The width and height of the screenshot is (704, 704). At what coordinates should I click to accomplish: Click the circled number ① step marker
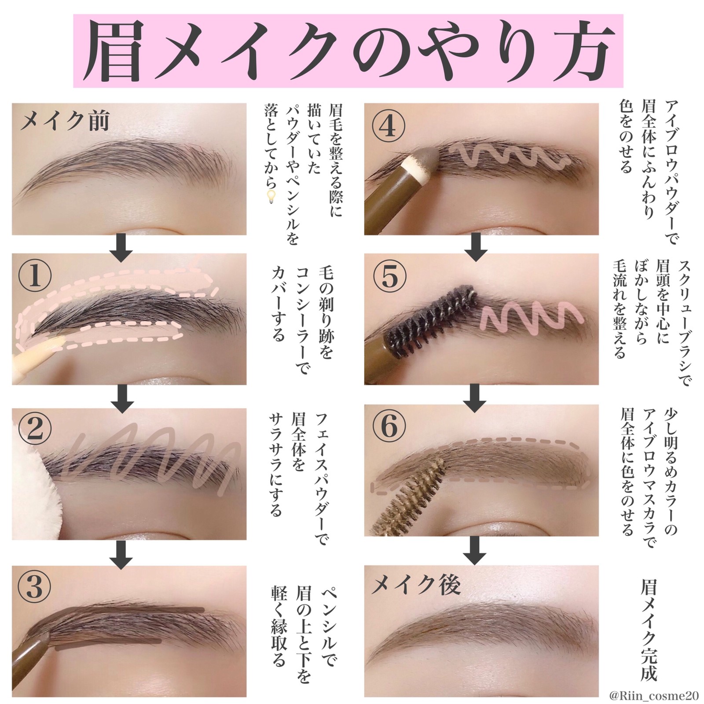(x=35, y=275)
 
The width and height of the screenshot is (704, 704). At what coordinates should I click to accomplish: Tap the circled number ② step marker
(x=35, y=429)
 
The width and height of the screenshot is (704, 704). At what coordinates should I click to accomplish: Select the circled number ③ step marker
(x=35, y=586)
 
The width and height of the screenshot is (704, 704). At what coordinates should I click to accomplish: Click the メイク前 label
(x=65, y=120)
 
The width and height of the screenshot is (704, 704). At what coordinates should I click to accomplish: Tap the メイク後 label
(x=416, y=585)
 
